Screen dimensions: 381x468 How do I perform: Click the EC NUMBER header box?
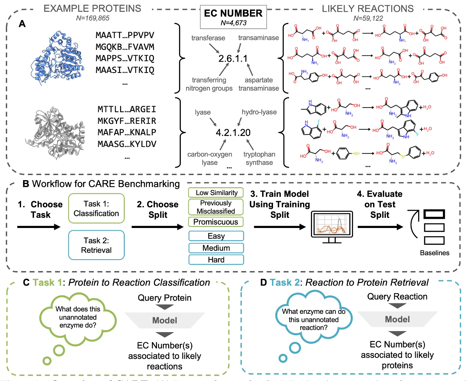[233, 17]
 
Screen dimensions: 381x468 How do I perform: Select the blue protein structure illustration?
[58, 58]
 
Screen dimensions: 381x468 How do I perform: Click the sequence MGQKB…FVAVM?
[125, 47]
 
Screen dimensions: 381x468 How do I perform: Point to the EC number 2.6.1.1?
[233, 59]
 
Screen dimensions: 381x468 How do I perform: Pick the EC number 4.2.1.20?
[233, 133]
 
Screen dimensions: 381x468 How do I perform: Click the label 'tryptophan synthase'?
[259, 158]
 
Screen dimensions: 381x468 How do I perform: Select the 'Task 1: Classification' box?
[96, 208]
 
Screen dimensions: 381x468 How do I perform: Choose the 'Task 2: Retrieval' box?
[96, 245]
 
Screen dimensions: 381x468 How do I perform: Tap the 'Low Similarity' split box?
[216, 193]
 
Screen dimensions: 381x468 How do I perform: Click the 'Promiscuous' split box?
[216, 222]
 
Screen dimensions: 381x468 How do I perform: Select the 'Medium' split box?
[216, 248]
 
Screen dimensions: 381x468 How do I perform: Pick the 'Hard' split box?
[216, 260]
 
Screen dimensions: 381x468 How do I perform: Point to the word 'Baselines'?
[434, 253]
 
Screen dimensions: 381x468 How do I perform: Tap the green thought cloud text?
[78, 317]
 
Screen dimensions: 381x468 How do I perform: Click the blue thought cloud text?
[313, 320]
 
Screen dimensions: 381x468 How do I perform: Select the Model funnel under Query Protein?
[165, 320]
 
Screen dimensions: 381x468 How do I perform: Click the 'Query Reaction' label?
[397, 297]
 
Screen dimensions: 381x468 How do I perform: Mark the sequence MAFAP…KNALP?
[127, 132]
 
